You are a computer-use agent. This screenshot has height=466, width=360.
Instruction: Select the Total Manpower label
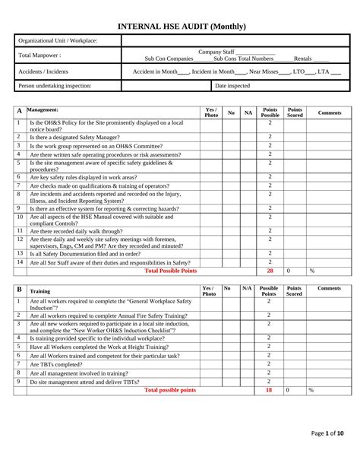[39, 55]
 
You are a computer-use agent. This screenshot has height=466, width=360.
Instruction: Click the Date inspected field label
[232, 86]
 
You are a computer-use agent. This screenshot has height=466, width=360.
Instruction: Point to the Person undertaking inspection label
[55, 86]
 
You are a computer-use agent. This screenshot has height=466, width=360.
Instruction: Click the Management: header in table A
[43, 110]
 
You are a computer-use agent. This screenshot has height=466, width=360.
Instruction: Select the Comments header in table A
[330, 113]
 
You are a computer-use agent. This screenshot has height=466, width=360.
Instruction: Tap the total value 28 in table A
[270, 271]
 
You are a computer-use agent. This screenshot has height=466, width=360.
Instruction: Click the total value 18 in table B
[269, 390]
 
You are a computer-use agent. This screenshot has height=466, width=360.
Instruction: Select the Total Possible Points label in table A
[171, 271]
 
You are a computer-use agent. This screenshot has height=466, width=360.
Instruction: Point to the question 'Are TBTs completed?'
[55, 364]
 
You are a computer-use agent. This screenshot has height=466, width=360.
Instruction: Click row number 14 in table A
[21, 262]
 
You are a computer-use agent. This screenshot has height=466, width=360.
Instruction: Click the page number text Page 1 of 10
[327, 433]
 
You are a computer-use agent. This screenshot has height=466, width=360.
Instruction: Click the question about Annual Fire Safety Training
[109, 315]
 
